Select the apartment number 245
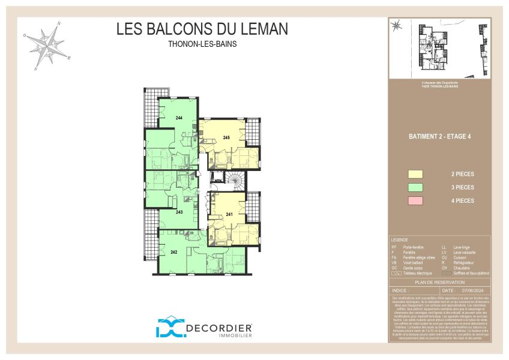pyautogui.click(x=226, y=137)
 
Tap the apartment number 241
pyautogui.click(x=229, y=214)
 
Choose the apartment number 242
pyautogui.click(x=174, y=251)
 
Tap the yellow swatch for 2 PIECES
pyautogui.click(x=415, y=175)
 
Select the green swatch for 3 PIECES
pyautogui.click(x=415, y=188)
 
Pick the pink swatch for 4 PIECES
pyautogui.click(x=415, y=201)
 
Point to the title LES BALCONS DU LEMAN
pyautogui.click(x=202, y=29)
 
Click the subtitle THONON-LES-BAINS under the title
pyautogui.click(x=202, y=44)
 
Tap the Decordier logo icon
pyautogui.click(x=169, y=327)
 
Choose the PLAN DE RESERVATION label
pyautogui.click(x=440, y=281)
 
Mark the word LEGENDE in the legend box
pyautogui.click(x=400, y=239)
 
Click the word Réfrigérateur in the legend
pyautogui.click(x=465, y=263)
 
